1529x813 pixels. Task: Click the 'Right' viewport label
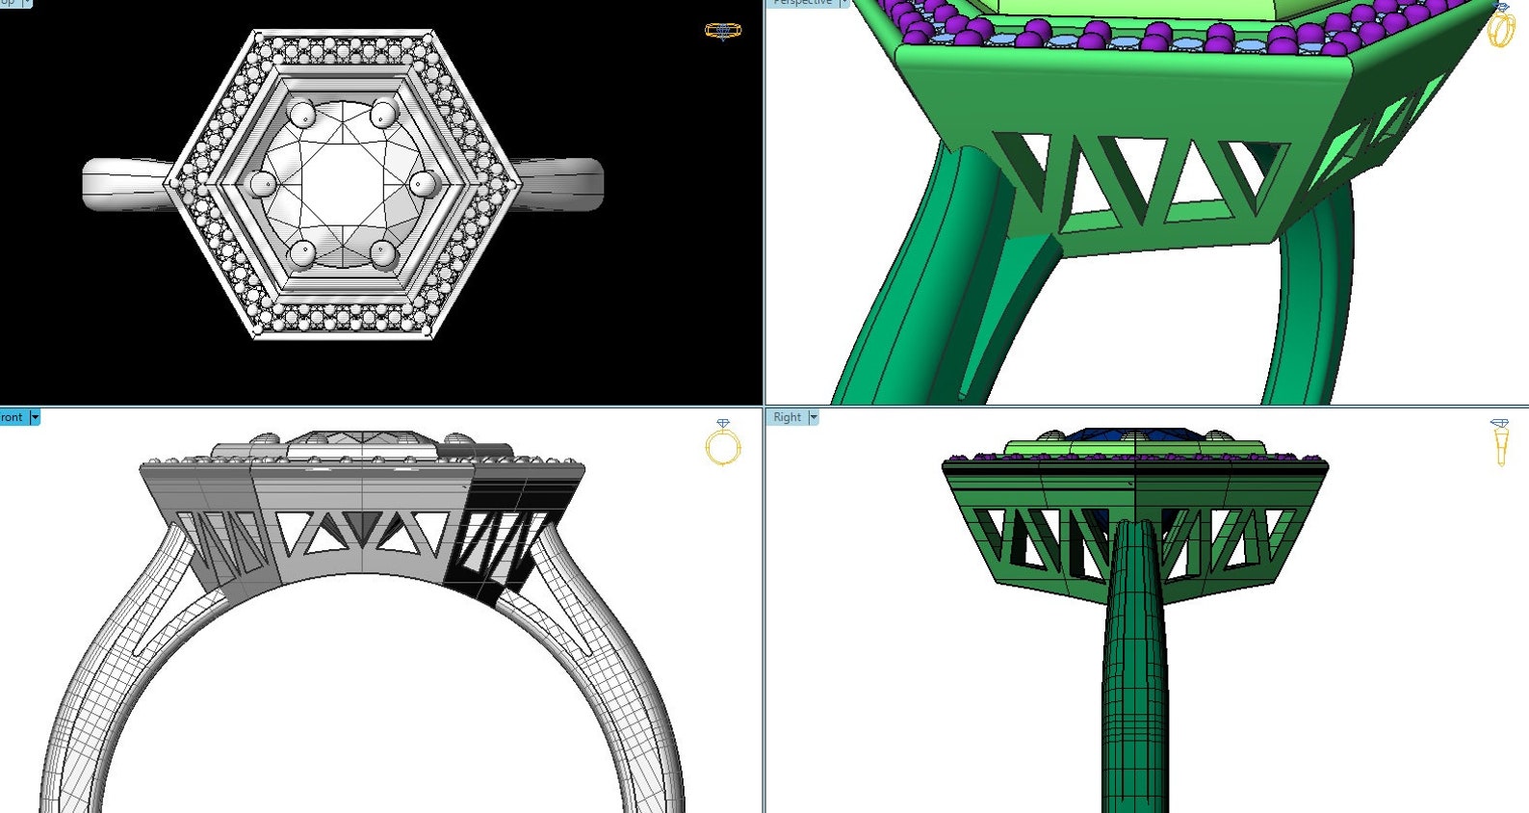point(787,417)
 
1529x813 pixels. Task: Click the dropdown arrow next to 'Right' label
point(814,417)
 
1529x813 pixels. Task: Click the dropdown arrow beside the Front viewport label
point(36,417)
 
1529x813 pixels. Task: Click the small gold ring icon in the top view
point(722,31)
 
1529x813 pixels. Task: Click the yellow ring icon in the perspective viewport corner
point(1500,26)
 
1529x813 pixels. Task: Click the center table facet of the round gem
point(343,183)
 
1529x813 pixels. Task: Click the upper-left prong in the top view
point(302,115)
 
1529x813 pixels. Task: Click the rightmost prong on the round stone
point(423,183)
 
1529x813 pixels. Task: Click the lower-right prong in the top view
point(383,253)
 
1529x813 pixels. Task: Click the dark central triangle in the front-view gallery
point(362,525)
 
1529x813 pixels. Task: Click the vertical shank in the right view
point(1136,674)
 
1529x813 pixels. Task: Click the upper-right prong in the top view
point(383,114)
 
